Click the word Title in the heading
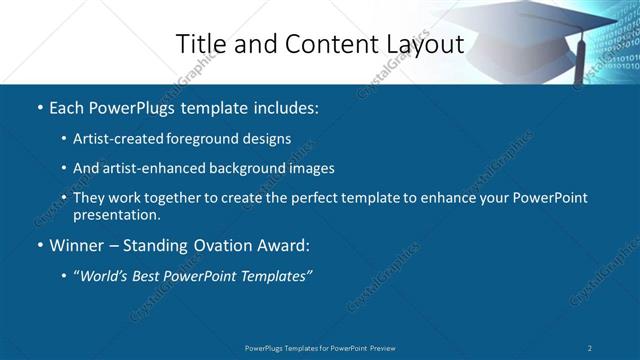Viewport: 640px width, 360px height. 201,44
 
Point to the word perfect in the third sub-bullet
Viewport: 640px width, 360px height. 300,198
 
